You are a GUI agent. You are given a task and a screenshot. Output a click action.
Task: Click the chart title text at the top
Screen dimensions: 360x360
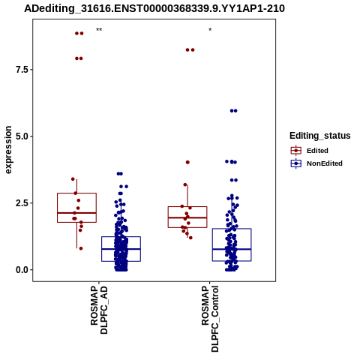154,8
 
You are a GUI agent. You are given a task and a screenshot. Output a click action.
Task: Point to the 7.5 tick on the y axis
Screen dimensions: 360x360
22,70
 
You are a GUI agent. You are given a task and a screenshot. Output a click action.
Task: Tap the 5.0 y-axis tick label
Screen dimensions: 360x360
22,136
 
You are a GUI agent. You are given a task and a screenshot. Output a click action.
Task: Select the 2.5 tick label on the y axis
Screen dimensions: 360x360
22,203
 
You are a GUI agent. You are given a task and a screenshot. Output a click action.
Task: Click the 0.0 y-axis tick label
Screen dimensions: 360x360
22,270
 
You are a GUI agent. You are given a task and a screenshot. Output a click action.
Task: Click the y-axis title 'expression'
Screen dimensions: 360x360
8,150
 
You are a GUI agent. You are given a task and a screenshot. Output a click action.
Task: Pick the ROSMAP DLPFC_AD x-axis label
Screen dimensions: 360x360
99,310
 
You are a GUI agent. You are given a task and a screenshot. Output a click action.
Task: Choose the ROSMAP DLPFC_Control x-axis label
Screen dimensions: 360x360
210,319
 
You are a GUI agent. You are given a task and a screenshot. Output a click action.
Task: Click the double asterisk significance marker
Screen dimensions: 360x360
99,30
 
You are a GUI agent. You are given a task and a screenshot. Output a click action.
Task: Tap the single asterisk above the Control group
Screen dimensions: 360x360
210,30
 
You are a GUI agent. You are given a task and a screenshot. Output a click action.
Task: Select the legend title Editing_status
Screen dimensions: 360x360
320,136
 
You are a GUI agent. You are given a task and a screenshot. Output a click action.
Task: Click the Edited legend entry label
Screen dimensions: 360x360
317,151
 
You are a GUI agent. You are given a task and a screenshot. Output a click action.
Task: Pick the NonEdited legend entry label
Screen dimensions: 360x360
325,163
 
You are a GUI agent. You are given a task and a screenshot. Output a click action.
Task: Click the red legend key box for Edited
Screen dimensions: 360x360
296,151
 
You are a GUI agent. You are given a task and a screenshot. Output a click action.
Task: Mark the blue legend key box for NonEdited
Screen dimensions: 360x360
296,163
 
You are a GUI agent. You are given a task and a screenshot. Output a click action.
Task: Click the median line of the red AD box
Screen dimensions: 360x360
76,213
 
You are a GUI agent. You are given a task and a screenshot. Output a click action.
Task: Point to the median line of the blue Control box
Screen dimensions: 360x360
232,249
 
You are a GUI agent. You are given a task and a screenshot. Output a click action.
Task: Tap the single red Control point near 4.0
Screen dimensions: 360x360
187,162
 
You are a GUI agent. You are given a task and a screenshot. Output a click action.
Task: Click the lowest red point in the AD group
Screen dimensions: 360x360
81,248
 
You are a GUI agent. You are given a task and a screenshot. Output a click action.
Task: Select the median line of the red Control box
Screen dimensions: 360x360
187,217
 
